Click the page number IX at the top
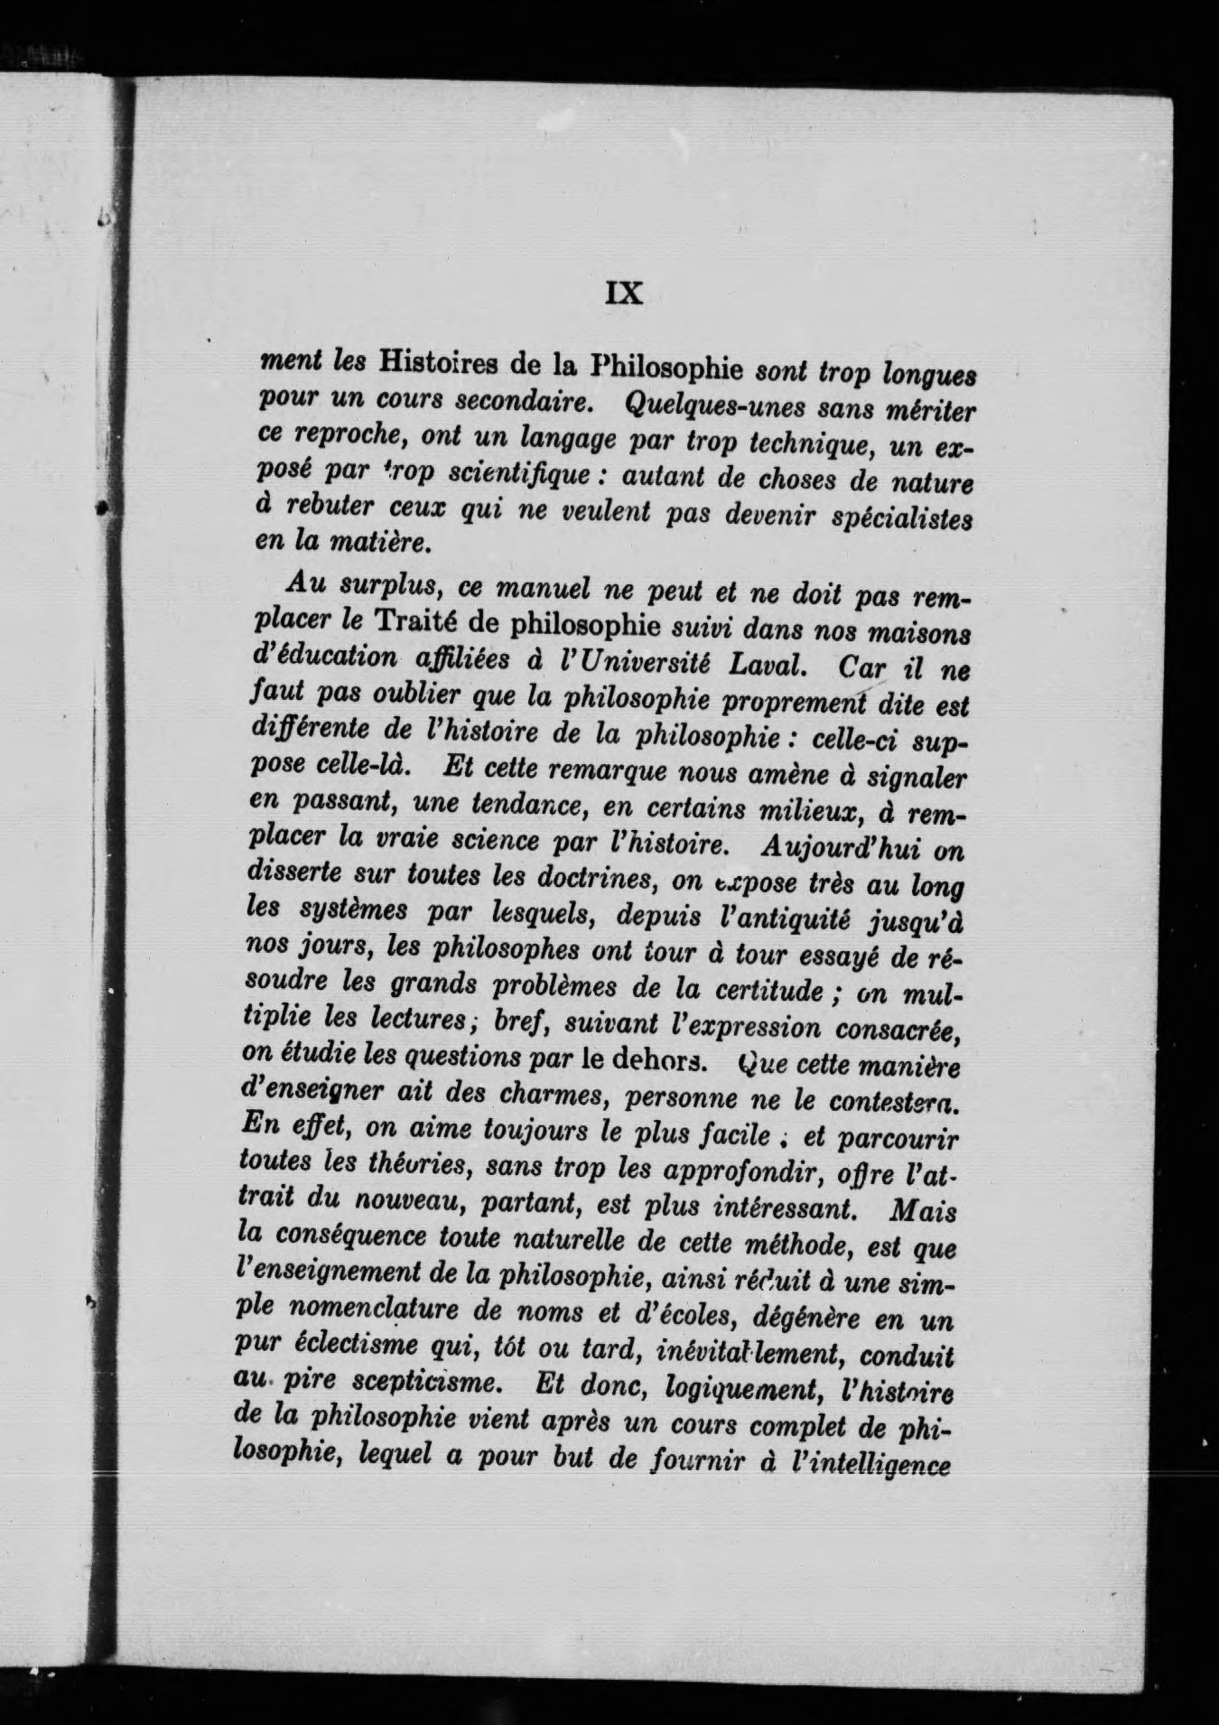(622, 294)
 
